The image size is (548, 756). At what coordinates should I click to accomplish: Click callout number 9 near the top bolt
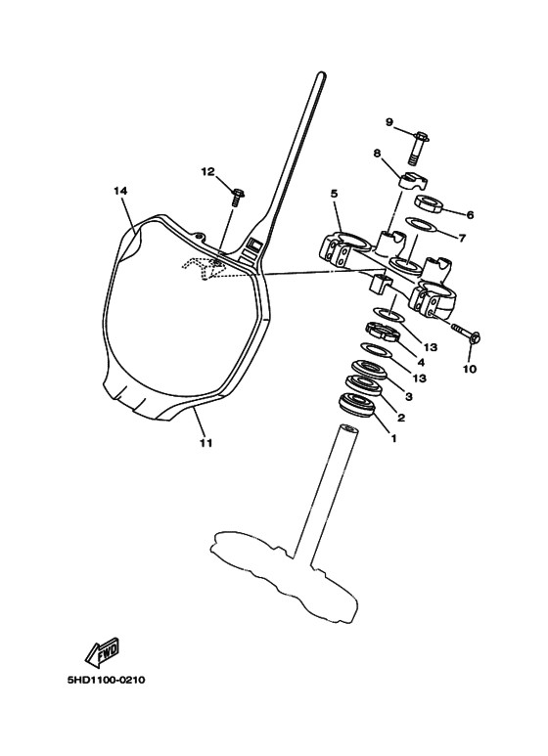(389, 122)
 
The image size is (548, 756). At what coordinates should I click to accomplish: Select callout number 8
(377, 154)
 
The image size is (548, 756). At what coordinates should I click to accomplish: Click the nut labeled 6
(429, 203)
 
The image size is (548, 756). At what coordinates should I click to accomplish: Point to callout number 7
(462, 238)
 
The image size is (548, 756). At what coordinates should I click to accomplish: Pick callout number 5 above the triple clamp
(334, 194)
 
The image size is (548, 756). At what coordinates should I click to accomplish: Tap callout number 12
(207, 172)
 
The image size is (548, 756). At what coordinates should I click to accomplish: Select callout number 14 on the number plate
(120, 191)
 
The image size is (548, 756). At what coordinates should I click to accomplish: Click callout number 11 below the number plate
(205, 443)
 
